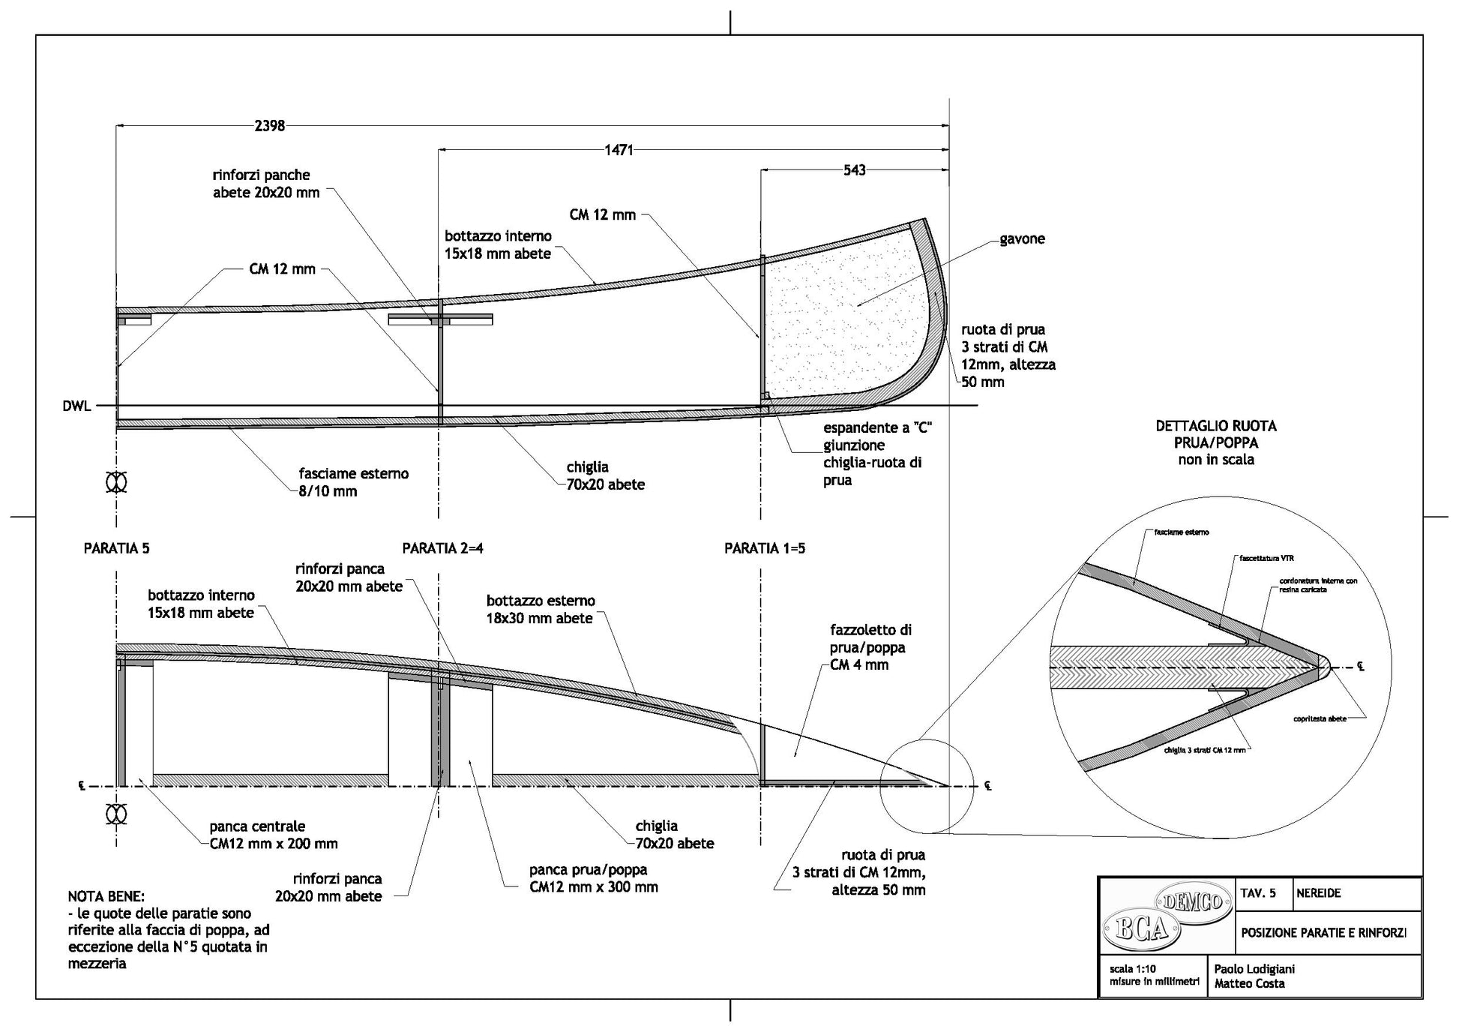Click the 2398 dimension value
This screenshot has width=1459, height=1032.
(x=269, y=126)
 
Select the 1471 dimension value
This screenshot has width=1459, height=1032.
(x=619, y=150)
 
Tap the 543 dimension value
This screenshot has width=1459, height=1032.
(x=854, y=170)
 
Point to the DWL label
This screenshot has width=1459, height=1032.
(x=77, y=406)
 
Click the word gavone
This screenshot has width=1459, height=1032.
(x=1022, y=239)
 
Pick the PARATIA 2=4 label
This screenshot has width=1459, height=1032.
(x=442, y=548)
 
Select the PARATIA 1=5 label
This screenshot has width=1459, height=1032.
(x=764, y=548)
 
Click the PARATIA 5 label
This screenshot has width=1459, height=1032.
(x=116, y=548)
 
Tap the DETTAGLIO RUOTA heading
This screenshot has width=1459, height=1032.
(x=1215, y=426)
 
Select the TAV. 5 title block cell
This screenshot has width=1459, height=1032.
(x=1258, y=893)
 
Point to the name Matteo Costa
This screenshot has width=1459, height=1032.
(x=1249, y=983)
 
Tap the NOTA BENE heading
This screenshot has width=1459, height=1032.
(x=106, y=896)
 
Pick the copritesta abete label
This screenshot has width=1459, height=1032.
(x=1320, y=718)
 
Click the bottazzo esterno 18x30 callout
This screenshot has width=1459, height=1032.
(x=540, y=610)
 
